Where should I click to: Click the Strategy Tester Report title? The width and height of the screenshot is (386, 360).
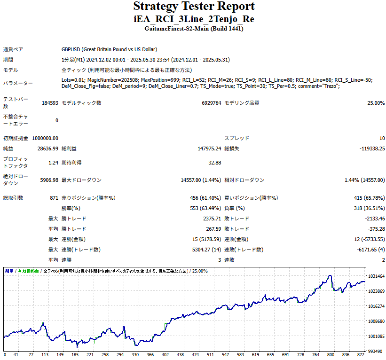pyautogui.click(x=194, y=7)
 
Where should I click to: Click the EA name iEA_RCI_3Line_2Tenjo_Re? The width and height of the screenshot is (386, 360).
pyautogui.click(x=194, y=19)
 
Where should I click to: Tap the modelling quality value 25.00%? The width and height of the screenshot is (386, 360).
pyautogui.click(x=376, y=103)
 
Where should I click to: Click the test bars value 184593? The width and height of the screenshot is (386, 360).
pyautogui.click(x=50, y=103)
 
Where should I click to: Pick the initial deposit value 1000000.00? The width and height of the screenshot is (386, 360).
pyautogui.click(x=45, y=138)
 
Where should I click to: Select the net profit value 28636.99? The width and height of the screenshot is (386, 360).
pyautogui.click(x=48, y=149)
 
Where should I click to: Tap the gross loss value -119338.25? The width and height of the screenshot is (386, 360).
pyautogui.click(x=372, y=149)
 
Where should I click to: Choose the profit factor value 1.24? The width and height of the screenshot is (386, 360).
pyautogui.click(x=53, y=163)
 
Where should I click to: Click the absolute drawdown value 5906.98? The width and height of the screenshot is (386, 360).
pyautogui.click(x=49, y=180)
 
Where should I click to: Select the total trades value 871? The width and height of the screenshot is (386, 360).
pyautogui.click(x=54, y=198)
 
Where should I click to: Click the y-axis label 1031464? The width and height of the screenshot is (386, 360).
pyautogui.click(x=376, y=276)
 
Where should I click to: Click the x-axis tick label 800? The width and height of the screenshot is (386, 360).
pyautogui.click(x=331, y=355)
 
